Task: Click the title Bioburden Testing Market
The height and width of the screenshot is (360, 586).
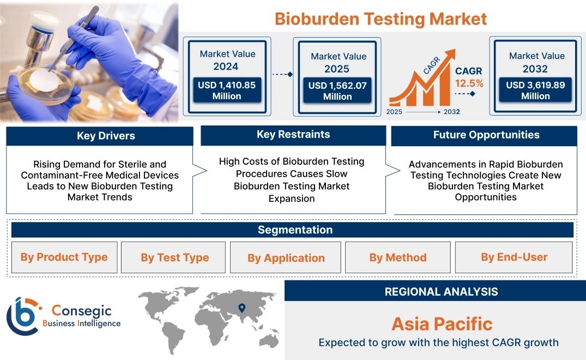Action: click(x=380, y=19)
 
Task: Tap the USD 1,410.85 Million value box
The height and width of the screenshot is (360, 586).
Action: click(x=226, y=90)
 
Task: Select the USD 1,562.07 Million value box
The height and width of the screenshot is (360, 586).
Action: click(x=337, y=91)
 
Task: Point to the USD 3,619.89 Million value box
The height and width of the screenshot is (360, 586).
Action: click(x=535, y=90)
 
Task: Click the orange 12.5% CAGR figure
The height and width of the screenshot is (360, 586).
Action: click(x=469, y=83)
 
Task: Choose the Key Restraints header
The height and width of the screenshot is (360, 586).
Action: click(x=293, y=135)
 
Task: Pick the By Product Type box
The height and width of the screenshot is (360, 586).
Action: click(x=64, y=257)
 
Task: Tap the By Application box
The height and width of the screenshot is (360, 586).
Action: click(x=286, y=258)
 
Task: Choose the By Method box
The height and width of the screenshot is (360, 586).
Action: click(x=398, y=257)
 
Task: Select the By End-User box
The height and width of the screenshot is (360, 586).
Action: click(x=513, y=257)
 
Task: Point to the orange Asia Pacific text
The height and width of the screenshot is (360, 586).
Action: click(x=442, y=324)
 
